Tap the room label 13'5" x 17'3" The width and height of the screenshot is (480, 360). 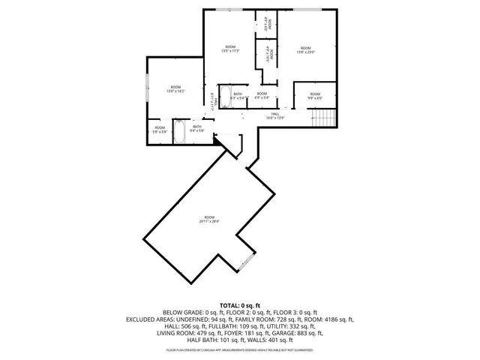click(230, 49)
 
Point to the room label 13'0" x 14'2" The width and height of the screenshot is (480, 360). click(175, 88)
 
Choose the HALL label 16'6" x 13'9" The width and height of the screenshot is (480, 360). click(275, 115)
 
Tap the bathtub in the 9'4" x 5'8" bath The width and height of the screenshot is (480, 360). click(181, 132)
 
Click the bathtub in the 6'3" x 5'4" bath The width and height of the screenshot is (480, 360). click(226, 96)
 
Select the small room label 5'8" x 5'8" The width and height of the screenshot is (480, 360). click(160, 129)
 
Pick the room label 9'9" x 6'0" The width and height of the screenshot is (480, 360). click(314, 96)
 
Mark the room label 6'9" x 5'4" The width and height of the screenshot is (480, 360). click(261, 95)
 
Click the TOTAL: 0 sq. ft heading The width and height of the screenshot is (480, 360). click(240, 305)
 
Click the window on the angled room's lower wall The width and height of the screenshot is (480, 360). click(245, 262)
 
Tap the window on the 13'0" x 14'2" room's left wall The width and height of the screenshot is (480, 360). click(148, 88)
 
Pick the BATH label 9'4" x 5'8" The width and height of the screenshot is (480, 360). click(197, 128)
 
